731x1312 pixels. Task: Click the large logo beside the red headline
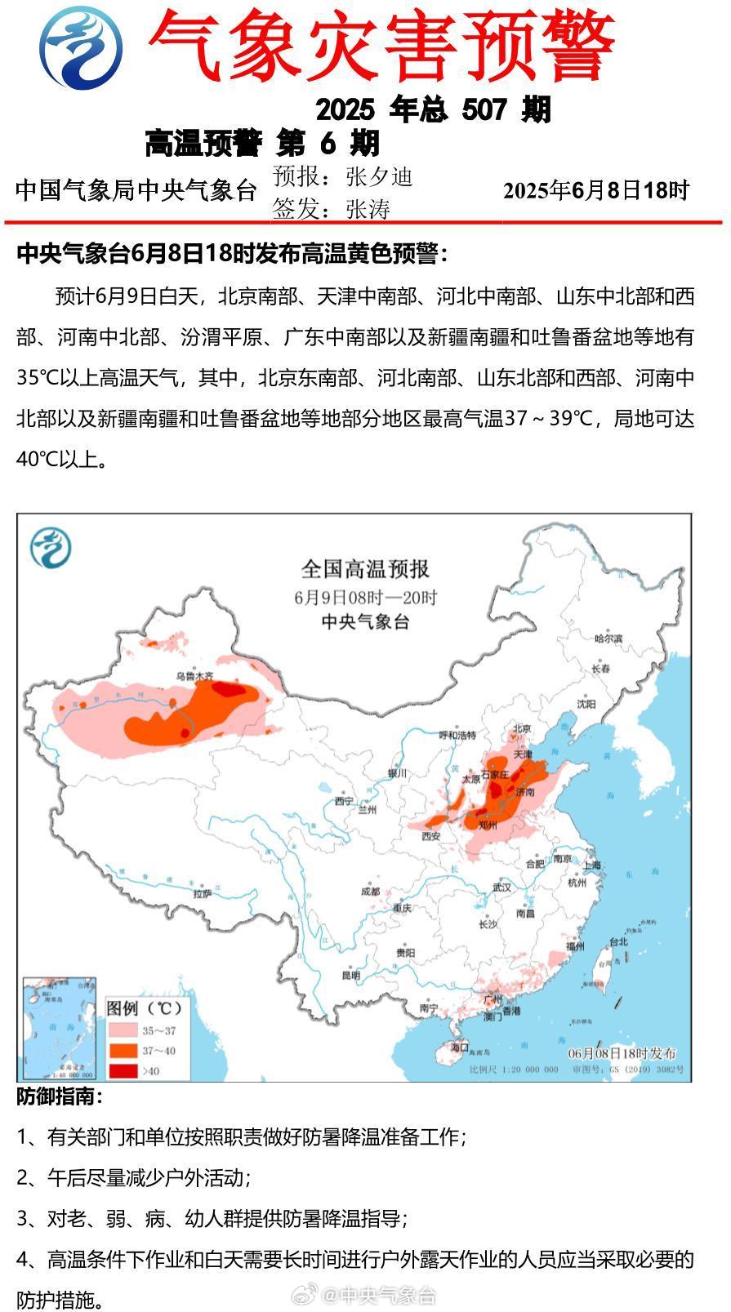point(82,47)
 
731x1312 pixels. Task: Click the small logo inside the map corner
point(51,548)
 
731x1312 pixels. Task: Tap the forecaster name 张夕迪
point(379,176)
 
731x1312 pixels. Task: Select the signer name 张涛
point(368,210)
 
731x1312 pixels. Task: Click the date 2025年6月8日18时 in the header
point(596,190)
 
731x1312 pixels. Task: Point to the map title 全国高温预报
point(365,568)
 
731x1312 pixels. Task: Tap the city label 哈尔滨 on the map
point(608,638)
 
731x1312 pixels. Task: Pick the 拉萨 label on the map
point(202,894)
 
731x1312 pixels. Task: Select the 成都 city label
point(370,891)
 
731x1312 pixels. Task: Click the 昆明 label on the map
point(350,975)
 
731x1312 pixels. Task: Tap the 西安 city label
point(430,836)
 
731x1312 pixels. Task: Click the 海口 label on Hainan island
point(459,1047)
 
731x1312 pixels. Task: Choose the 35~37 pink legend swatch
point(123,1031)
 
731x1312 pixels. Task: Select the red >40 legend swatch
point(123,1070)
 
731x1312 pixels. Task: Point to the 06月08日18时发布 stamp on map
point(622,1053)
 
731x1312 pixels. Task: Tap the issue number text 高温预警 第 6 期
point(262,144)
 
